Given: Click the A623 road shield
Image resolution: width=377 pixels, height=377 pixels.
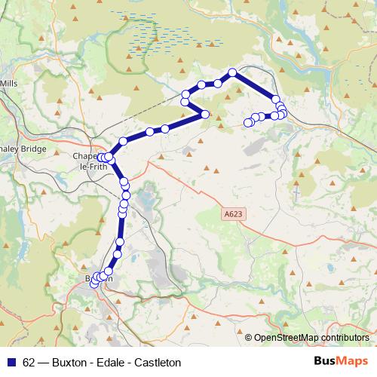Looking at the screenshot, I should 234,215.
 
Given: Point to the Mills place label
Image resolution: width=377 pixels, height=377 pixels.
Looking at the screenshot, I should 8,82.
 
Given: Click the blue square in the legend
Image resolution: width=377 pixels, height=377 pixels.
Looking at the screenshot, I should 11,363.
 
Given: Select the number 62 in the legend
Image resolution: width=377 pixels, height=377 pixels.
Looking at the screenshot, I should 29,363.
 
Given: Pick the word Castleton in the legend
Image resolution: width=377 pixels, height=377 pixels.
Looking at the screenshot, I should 158,363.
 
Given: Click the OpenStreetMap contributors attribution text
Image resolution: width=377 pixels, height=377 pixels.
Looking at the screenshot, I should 311,338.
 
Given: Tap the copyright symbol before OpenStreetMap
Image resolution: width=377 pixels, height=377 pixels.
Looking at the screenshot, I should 249,338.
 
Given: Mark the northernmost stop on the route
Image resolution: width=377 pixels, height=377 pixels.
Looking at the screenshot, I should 233,72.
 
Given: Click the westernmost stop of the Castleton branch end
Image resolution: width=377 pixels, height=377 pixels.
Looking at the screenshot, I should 247,122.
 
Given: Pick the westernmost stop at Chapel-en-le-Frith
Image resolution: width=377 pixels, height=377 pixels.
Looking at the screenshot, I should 101,158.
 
